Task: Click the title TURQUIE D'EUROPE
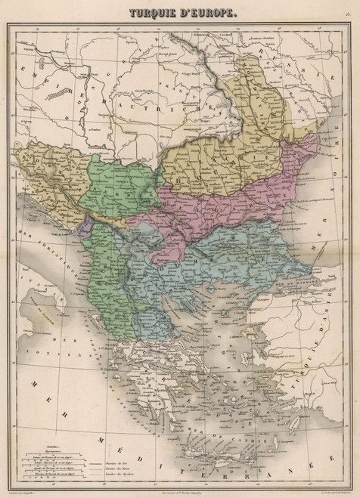[x=179, y=14]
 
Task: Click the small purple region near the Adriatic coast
[x=88, y=224]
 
